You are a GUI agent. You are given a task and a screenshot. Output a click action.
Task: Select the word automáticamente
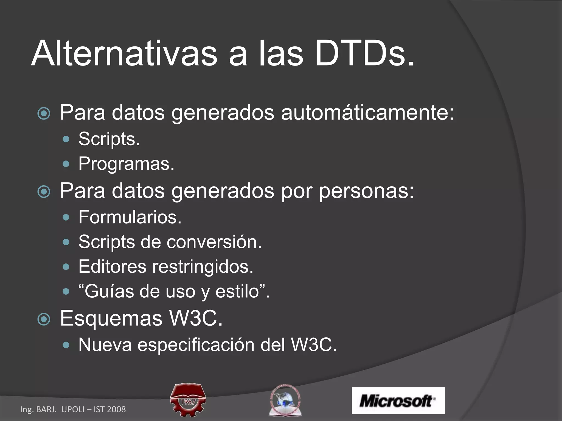pyautogui.click(x=367, y=112)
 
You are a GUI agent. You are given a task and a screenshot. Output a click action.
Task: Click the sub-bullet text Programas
pyautogui.click(x=126, y=164)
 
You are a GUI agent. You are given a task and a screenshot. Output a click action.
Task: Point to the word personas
pyautogui.click(x=366, y=191)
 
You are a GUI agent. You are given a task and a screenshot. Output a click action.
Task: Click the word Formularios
pyautogui.click(x=130, y=217)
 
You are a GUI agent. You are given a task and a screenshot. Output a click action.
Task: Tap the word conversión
pyautogui.click(x=214, y=242)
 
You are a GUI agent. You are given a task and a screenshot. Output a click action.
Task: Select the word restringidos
pyautogui.click(x=203, y=266)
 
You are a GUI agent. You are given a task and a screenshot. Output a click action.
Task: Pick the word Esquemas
pyautogui.click(x=111, y=318)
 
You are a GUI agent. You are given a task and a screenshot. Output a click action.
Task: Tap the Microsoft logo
pyautogui.click(x=398, y=400)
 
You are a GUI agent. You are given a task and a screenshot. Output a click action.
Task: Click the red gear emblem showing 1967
pyautogui.click(x=188, y=400)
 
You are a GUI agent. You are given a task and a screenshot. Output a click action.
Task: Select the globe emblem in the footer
pyautogui.click(x=285, y=400)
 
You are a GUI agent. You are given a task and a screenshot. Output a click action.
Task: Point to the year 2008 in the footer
pyautogui.click(x=116, y=409)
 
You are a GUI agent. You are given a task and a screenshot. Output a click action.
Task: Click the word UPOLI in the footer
pyautogui.click(x=73, y=409)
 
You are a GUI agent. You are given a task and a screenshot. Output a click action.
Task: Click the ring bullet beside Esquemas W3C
pyautogui.click(x=44, y=319)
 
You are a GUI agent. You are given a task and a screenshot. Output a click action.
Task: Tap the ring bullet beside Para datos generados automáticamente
pyautogui.click(x=44, y=113)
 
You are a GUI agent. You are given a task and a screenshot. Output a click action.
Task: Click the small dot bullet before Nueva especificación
pyautogui.click(x=66, y=345)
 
